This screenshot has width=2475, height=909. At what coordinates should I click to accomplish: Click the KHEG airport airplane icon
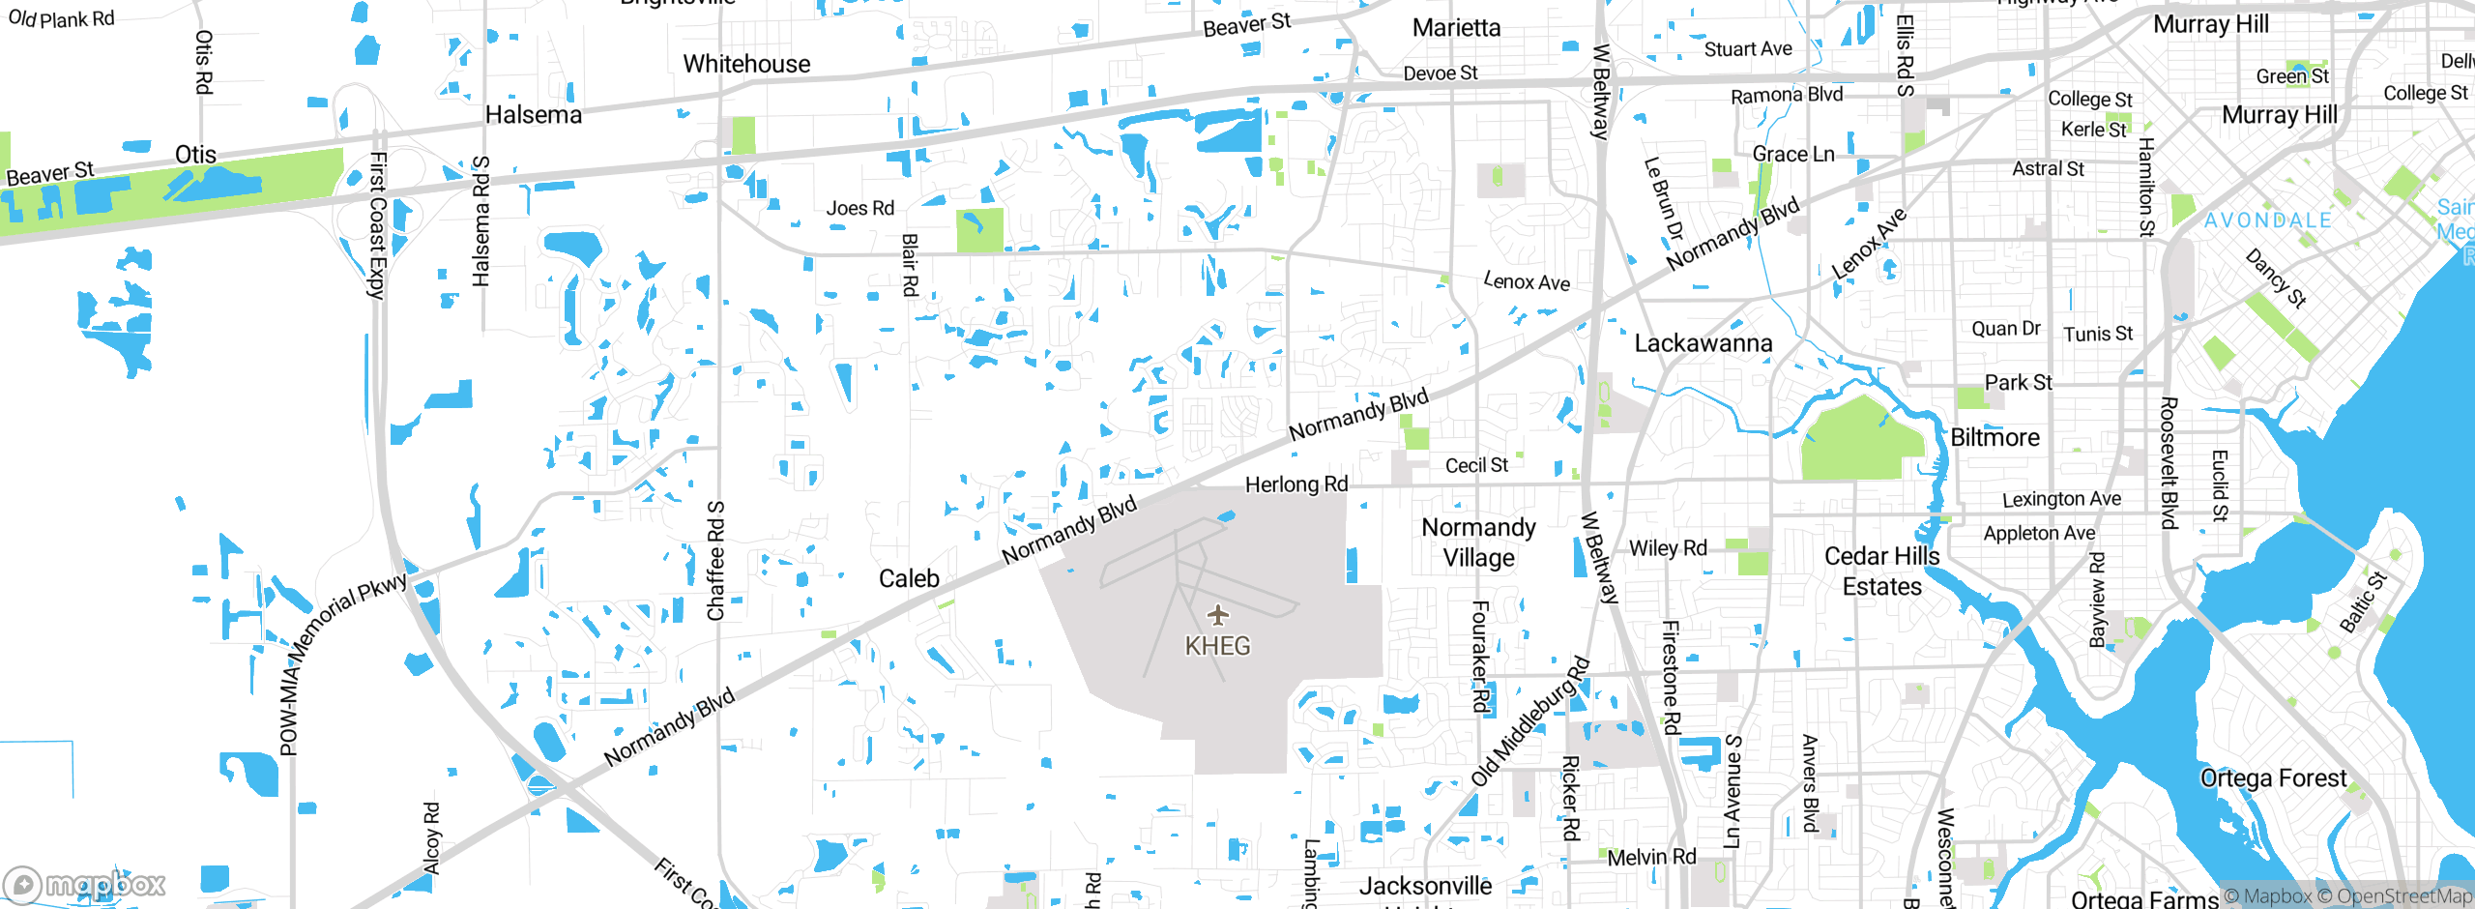point(1218,615)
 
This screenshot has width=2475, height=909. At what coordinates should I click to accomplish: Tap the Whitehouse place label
point(746,64)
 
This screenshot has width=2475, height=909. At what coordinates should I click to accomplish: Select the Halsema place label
point(534,115)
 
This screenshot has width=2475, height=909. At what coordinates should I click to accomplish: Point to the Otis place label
point(195,155)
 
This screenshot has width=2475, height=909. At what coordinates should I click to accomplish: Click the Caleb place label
point(909,578)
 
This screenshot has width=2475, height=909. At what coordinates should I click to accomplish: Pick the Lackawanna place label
point(1703,343)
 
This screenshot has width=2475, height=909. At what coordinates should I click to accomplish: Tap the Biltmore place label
point(1995,438)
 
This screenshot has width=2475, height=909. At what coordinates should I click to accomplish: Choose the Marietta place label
point(1456,28)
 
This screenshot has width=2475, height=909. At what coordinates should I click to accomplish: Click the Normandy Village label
point(1478,542)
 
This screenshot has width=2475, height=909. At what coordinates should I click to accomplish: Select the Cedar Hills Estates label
point(1881,572)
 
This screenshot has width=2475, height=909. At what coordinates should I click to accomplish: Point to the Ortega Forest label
point(2273,778)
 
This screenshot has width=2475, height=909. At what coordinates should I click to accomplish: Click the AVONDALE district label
point(2267,220)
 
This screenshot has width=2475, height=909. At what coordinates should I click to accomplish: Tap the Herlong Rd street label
point(1296,484)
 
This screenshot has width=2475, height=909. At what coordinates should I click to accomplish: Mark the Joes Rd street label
point(859,208)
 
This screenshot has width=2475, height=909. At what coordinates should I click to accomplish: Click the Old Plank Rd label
point(61,18)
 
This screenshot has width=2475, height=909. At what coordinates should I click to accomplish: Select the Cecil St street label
point(1476,465)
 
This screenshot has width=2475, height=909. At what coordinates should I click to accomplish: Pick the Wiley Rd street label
point(1668,548)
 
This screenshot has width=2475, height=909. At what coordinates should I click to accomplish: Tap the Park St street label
point(2018,382)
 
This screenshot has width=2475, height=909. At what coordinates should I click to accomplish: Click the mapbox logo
point(85,885)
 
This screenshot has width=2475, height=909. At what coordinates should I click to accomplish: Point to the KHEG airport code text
point(1217,646)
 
